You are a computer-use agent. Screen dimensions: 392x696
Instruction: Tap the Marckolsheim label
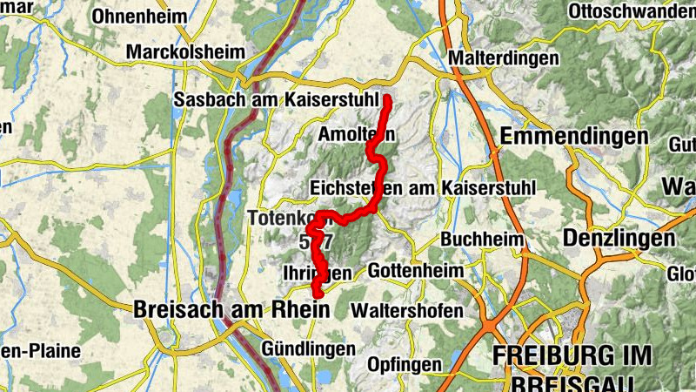(x=185, y=52)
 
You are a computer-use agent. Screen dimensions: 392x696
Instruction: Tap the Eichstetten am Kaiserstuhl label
(x=424, y=188)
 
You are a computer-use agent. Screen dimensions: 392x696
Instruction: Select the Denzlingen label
(x=619, y=239)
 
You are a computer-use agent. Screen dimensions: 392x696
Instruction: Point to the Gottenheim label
(x=417, y=272)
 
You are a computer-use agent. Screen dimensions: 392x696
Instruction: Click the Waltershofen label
(x=407, y=310)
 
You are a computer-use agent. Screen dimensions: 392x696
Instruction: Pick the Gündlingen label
(x=307, y=349)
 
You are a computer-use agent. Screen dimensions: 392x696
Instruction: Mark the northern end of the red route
(x=387, y=100)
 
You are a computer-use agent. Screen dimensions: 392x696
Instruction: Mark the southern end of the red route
(x=317, y=301)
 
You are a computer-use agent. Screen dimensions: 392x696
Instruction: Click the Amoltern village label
(x=357, y=135)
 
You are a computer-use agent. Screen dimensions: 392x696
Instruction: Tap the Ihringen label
(x=317, y=273)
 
